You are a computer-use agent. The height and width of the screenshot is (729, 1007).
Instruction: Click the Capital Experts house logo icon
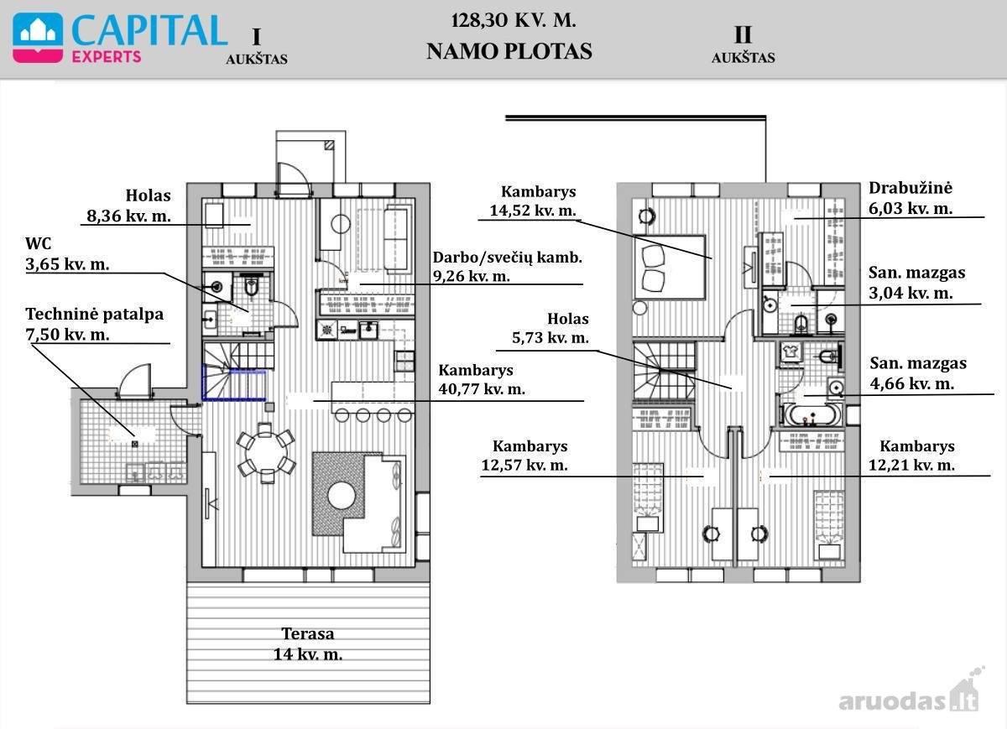38,38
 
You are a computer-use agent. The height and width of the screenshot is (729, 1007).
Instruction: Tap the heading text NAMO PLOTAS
509,51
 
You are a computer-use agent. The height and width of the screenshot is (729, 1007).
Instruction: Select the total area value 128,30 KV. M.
514,21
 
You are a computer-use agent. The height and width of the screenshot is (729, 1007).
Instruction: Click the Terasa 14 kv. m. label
308,643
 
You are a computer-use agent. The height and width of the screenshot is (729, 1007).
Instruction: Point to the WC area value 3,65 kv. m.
67,263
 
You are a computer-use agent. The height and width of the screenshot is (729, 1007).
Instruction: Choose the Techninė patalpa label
94,314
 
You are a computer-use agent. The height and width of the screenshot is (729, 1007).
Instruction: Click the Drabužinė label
910,188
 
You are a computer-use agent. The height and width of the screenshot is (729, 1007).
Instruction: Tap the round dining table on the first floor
266,453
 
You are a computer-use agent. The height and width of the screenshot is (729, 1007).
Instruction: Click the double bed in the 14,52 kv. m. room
669,268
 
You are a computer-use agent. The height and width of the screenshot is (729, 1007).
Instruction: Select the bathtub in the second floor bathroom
810,414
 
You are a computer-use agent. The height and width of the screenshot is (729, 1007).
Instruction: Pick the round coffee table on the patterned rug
342,496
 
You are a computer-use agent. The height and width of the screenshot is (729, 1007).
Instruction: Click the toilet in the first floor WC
251,285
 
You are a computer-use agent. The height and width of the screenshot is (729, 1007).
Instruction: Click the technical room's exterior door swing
134,381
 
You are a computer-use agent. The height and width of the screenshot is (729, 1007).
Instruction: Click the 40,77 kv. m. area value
482,388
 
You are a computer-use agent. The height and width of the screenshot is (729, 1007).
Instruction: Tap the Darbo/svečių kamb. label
508,258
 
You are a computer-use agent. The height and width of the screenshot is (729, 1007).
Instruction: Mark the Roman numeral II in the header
743,34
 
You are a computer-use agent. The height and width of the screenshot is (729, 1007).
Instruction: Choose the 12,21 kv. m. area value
911,465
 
